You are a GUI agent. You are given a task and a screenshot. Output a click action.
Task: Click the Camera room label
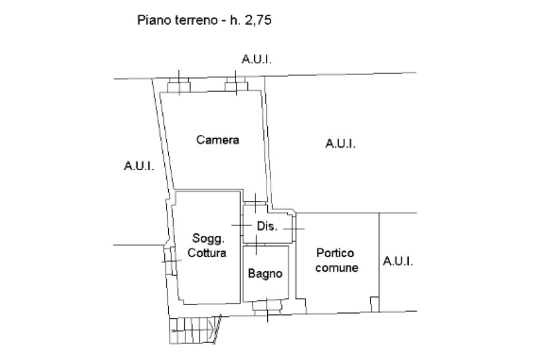coord(218,140)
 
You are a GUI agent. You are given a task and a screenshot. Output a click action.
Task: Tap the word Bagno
coord(265,274)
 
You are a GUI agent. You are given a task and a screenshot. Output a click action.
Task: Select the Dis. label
coord(266,227)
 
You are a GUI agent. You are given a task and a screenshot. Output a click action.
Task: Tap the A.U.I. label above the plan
coord(257,60)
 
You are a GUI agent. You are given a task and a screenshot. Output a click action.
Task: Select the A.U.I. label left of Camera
coord(139,166)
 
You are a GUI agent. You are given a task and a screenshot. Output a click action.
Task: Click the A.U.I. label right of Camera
coord(340,143)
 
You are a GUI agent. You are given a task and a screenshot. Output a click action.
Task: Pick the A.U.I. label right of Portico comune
coord(398,261)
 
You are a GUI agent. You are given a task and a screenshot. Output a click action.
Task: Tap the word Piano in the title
coord(150,21)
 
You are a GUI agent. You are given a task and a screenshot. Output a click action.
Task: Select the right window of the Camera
coord(236,84)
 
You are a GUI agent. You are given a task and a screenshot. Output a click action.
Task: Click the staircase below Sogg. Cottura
coord(194,330)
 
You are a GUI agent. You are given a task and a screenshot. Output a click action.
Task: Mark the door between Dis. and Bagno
coord(256,244)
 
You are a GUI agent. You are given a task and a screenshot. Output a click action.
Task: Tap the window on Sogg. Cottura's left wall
coord(170,260)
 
